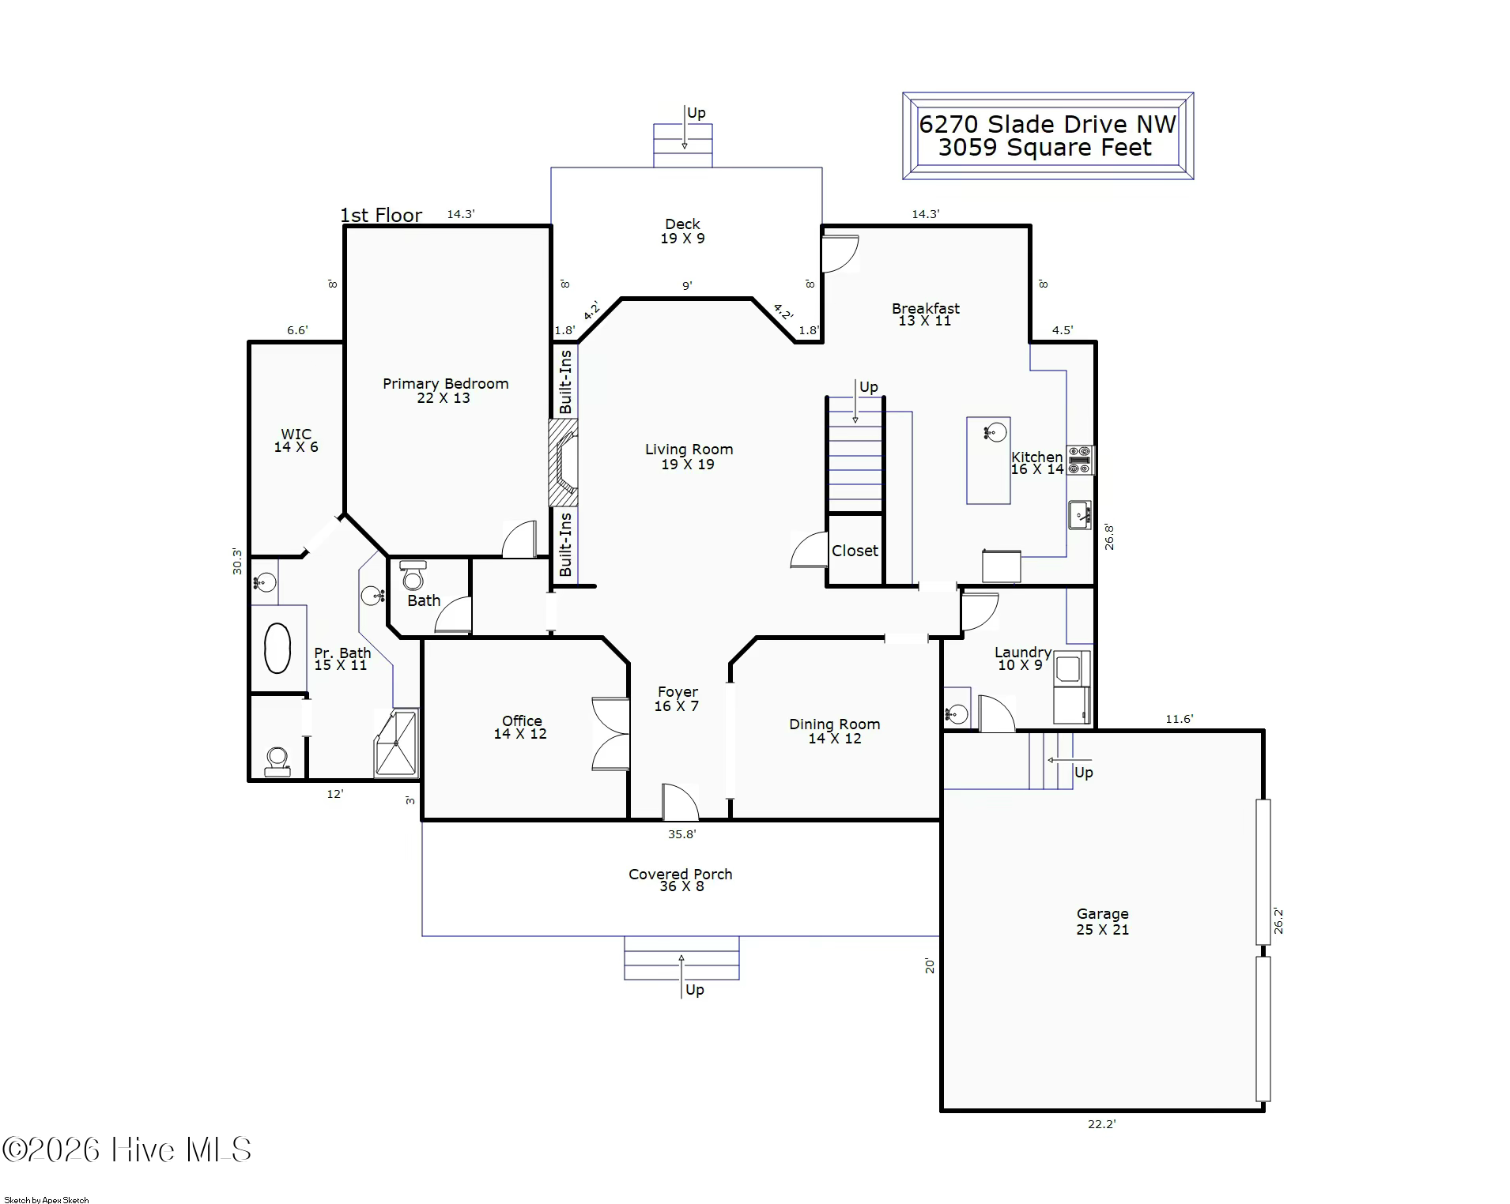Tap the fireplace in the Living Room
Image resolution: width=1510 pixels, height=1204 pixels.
[564, 462]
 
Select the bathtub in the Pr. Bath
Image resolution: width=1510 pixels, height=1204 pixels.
[277, 649]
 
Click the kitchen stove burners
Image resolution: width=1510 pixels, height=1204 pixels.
[1079, 460]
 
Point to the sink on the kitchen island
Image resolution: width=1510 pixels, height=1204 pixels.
[995, 432]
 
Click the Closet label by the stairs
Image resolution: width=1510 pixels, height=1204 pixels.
[855, 551]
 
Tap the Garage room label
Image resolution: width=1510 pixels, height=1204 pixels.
[1102, 914]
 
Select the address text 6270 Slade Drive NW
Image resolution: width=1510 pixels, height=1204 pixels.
[1048, 124]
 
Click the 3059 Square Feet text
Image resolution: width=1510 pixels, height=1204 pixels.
[1045, 148]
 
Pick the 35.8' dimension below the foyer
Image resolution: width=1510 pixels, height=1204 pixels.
[681, 833]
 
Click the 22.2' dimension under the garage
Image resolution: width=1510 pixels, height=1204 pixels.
[1101, 1124]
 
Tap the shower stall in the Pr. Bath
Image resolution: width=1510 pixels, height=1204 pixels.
[396, 743]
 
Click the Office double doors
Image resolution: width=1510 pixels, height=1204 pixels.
[611, 734]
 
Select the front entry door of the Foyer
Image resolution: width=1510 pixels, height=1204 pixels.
[680, 802]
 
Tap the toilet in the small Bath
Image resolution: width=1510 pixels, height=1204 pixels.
[413, 576]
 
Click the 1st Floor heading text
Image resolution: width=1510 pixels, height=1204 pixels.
[381, 215]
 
